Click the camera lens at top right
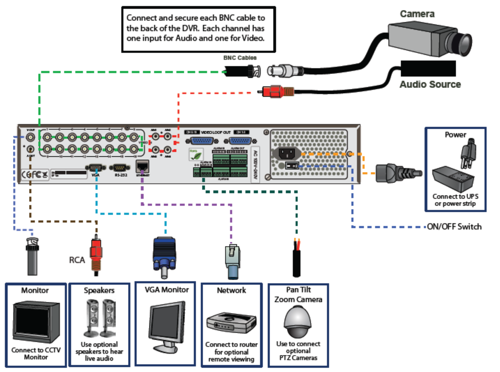[x=462, y=44]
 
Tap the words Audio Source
[x=430, y=84]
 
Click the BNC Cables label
[x=240, y=58]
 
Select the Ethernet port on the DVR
[x=142, y=166]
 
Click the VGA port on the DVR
[x=96, y=168]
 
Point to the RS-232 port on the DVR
[x=120, y=168]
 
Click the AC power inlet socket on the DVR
[x=287, y=153]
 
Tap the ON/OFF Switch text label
[x=454, y=226]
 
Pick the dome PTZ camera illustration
[x=298, y=321]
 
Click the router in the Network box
[x=231, y=323]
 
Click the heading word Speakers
[x=99, y=290]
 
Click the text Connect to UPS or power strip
[x=455, y=200]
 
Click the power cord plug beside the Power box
[x=396, y=173]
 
